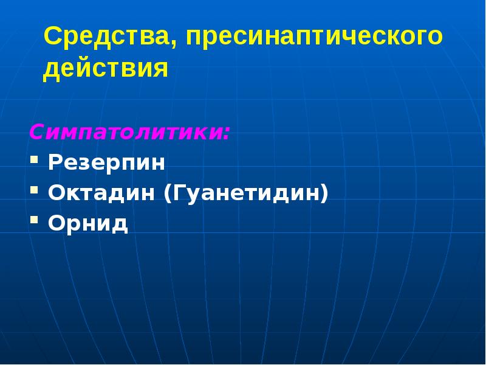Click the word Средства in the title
click(107, 37)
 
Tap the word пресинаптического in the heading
click(315, 38)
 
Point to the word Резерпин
click(107, 163)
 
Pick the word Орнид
click(88, 224)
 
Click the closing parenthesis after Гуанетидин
click(324, 195)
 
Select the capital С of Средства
click(52, 37)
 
